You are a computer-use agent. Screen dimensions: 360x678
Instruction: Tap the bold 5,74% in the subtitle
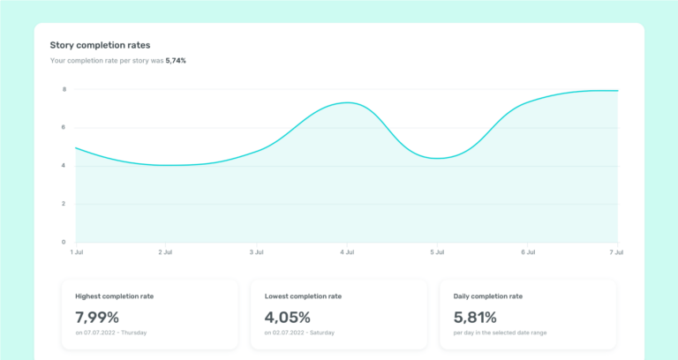176,61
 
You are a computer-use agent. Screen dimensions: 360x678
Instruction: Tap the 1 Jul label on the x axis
77,252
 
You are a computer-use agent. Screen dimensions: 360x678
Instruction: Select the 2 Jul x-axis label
166,252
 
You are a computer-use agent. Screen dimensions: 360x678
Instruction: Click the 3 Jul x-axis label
257,252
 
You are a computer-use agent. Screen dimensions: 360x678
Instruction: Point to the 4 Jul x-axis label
347,252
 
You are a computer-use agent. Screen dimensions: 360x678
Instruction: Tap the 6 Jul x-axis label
528,252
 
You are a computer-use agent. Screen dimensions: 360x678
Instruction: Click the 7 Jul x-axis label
617,252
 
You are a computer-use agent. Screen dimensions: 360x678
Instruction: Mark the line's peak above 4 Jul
348,102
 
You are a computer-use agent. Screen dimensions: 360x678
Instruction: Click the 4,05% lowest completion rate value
288,317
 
